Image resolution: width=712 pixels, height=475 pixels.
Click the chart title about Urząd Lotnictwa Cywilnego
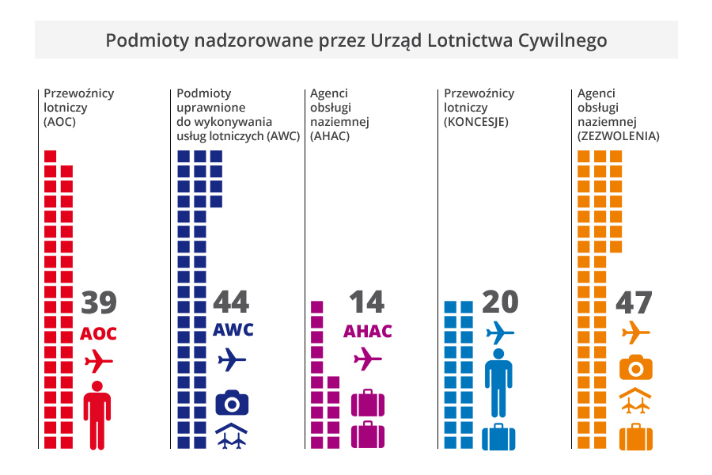pyautogui.click(x=356, y=40)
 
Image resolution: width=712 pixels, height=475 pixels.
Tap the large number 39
pyautogui.click(x=99, y=303)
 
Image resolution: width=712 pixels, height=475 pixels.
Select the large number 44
pyautogui.click(x=231, y=302)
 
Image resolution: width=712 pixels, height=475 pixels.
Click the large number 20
pyautogui.click(x=499, y=302)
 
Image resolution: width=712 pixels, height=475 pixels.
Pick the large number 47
pyautogui.click(x=634, y=303)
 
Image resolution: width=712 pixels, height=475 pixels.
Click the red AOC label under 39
pyautogui.click(x=99, y=334)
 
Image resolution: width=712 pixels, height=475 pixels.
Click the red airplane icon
pyautogui.click(x=99, y=363)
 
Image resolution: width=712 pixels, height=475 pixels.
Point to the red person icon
pyautogui.click(x=97, y=415)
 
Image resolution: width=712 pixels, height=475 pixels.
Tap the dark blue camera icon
pyautogui.click(x=232, y=402)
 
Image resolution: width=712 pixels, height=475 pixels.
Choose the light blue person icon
pyautogui.click(x=498, y=382)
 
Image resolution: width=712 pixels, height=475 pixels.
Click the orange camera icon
pyautogui.click(x=635, y=367)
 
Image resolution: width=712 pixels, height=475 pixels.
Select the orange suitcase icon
pyautogui.click(x=635, y=436)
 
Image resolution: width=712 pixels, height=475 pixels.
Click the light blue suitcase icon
pyautogui.click(x=498, y=436)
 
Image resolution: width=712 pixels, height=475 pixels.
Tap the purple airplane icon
pyautogui.click(x=367, y=360)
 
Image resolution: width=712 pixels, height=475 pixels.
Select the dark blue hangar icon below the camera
pyautogui.click(x=232, y=436)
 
